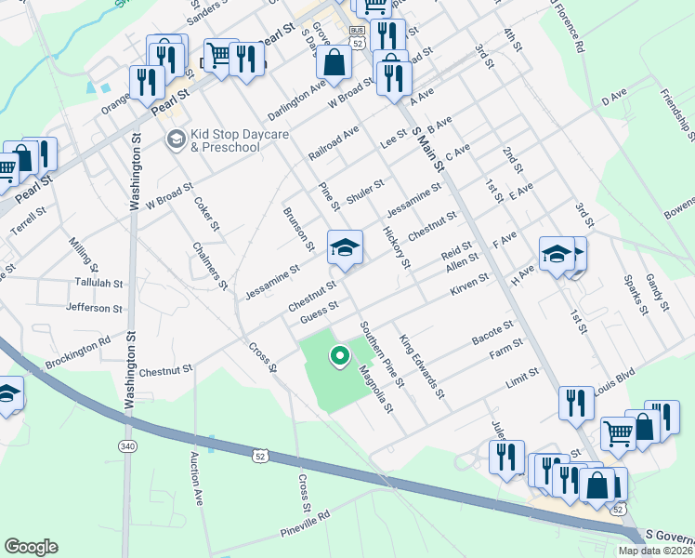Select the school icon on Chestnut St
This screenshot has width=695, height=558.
345,248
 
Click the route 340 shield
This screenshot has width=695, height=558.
126,447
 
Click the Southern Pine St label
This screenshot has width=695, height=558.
382,354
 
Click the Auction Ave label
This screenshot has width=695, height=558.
196,479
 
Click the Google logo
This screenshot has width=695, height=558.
31,547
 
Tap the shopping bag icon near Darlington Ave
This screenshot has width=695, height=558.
334,62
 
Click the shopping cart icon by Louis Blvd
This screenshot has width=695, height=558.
619,433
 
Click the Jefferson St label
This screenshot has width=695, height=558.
94,307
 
